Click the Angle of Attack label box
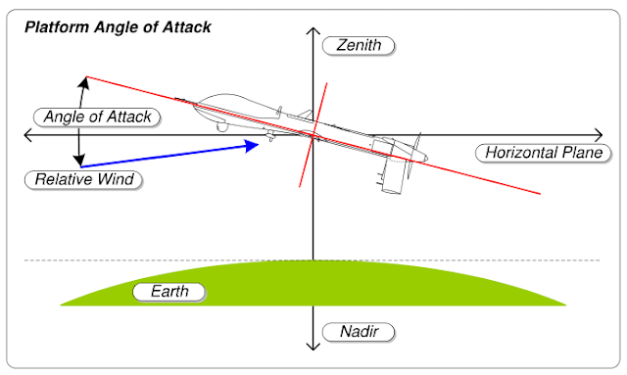[x=97, y=117]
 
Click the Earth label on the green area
[x=170, y=292]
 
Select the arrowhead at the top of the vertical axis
[x=313, y=30]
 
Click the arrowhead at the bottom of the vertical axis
[x=313, y=347]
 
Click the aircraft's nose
[x=199, y=101]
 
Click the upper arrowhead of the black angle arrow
[x=82, y=82]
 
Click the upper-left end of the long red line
[x=86, y=76]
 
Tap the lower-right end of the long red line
[x=540, y=194]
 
